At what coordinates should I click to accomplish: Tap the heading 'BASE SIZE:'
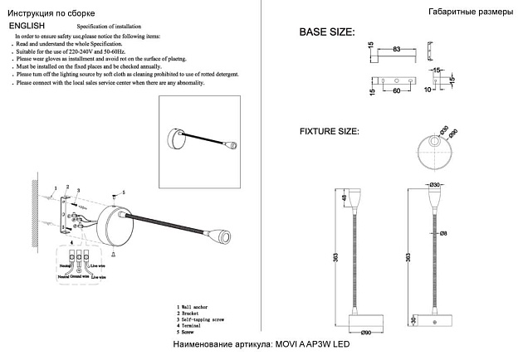point(326,33)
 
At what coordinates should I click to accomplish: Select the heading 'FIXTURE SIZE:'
point(329,131)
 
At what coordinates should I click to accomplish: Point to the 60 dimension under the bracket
point(397,91)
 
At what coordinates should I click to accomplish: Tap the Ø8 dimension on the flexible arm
point(444,233)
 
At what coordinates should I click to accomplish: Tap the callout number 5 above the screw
point(123,192)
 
